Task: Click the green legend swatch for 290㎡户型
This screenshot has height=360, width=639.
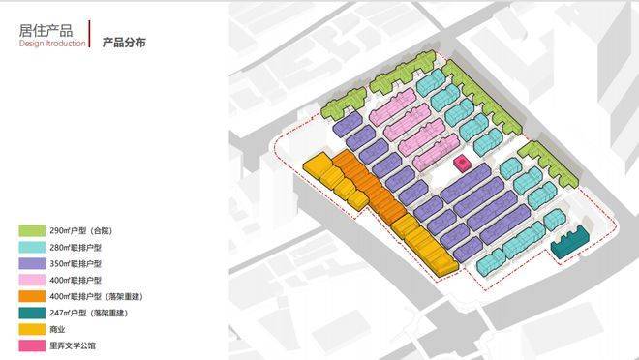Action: pos(32,231)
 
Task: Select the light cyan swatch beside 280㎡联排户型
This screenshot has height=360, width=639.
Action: pos(32,247)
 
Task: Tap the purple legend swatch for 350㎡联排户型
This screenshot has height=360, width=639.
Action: pos(32,263)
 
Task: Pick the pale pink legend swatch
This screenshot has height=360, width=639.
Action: pos(32,280)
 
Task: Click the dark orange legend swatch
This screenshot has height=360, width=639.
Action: pos(32,296)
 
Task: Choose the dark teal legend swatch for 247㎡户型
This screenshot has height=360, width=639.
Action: pos(32,313)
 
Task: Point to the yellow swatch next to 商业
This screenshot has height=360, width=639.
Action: pos(32,329)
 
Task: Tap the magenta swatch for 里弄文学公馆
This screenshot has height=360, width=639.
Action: pos(32,345)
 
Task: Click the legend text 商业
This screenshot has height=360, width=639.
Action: pos(57,329)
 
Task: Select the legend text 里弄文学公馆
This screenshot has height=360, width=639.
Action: pos(73,345)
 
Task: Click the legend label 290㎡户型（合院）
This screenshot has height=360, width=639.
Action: pos(80,231)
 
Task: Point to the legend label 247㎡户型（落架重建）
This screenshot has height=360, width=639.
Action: pos(89,314)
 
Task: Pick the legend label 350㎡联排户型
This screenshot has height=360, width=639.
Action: pos(76,264)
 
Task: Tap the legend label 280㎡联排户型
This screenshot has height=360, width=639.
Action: pos(76,248)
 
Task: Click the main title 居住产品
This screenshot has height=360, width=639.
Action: pos(46,31)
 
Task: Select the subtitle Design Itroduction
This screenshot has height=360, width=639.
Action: pos(52,44)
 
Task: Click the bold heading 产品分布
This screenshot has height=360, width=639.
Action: pos(124,43)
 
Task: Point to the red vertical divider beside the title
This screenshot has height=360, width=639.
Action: pos(90,34)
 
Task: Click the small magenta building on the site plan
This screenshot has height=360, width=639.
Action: pos(462,163)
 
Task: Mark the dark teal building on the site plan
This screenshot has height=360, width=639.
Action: pos(570,242)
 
